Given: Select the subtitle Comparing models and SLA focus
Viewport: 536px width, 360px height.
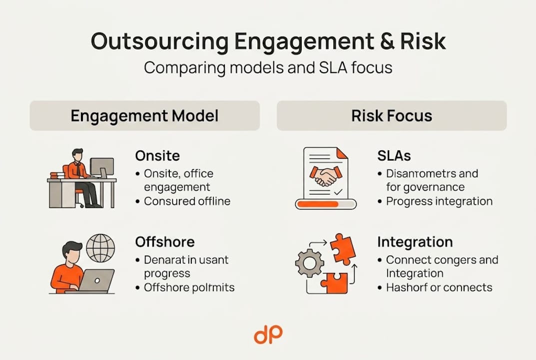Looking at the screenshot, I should point(268,67).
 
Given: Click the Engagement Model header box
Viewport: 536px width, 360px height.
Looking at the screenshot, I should point(144,116).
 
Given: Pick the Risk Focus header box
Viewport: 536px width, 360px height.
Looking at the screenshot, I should point(392,116).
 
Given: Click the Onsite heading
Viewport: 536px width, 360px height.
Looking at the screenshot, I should point(157,155).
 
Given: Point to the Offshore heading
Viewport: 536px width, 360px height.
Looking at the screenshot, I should point(165,242).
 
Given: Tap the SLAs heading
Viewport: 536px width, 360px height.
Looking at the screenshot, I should point(394,155).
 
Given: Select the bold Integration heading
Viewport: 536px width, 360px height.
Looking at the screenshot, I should point(415,242).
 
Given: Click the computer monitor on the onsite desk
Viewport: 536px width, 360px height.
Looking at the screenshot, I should point(101,167).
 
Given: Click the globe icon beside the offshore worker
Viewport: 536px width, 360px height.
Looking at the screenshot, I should point(100,248).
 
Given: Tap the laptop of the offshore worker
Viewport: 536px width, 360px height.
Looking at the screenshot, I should point(97,281).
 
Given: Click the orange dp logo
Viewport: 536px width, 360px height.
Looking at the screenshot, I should point(268,334).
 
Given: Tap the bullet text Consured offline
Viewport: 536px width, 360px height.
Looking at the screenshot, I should point(187,201).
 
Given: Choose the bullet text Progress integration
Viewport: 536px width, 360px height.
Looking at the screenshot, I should point(439,201).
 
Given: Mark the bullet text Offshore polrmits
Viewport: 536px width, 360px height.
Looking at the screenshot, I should point(189,287).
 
